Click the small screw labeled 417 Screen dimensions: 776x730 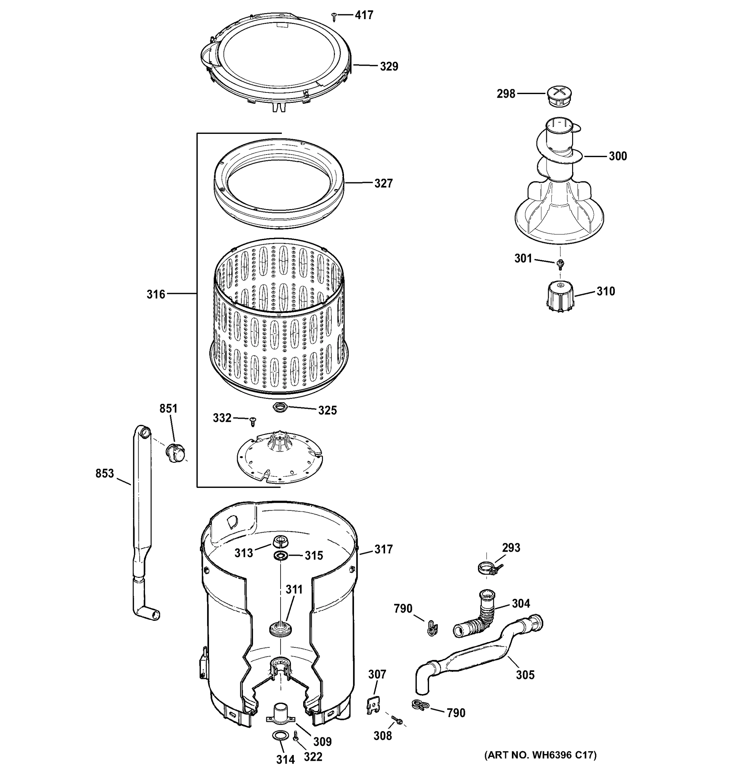click(334, 16)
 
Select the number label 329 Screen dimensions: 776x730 click(389, 67)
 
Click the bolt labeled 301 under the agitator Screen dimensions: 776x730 click(561, 264)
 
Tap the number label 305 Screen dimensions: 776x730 click(525, 674)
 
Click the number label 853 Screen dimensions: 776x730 click(105, 474)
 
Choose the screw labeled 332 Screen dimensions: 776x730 click(253, 421)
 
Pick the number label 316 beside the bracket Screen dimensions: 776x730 click(156, 294)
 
